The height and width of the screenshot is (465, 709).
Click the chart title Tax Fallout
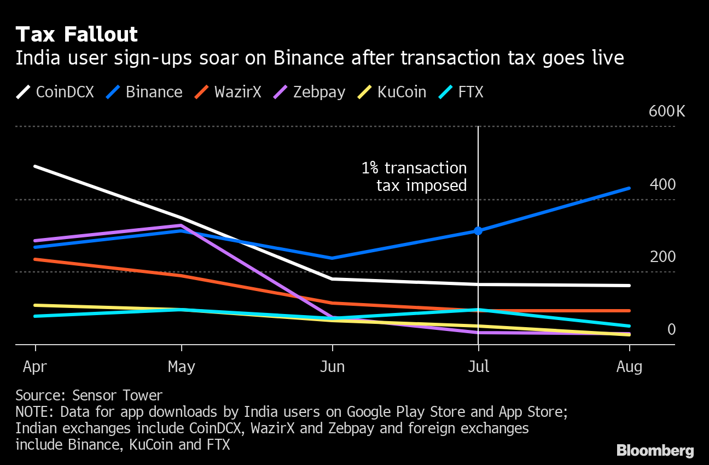(77, 34)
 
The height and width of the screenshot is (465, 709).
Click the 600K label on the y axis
(666, 112)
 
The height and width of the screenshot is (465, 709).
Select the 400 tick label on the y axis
(662, 184)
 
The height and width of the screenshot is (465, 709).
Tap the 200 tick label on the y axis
(662, 257)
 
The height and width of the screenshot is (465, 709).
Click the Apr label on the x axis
(36, 366)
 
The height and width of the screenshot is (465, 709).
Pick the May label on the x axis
(182, 366)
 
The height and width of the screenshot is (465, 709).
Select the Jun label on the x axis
(332, 366)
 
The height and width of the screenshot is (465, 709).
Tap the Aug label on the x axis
(629, 366)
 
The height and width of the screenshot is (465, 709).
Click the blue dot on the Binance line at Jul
(478, 231)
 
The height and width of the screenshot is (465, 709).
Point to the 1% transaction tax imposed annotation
(414, 177)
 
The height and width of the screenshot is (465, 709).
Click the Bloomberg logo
(655, 450)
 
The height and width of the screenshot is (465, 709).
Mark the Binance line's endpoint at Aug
(629, 188)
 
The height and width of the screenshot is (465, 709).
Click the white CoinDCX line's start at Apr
(36, 166)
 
